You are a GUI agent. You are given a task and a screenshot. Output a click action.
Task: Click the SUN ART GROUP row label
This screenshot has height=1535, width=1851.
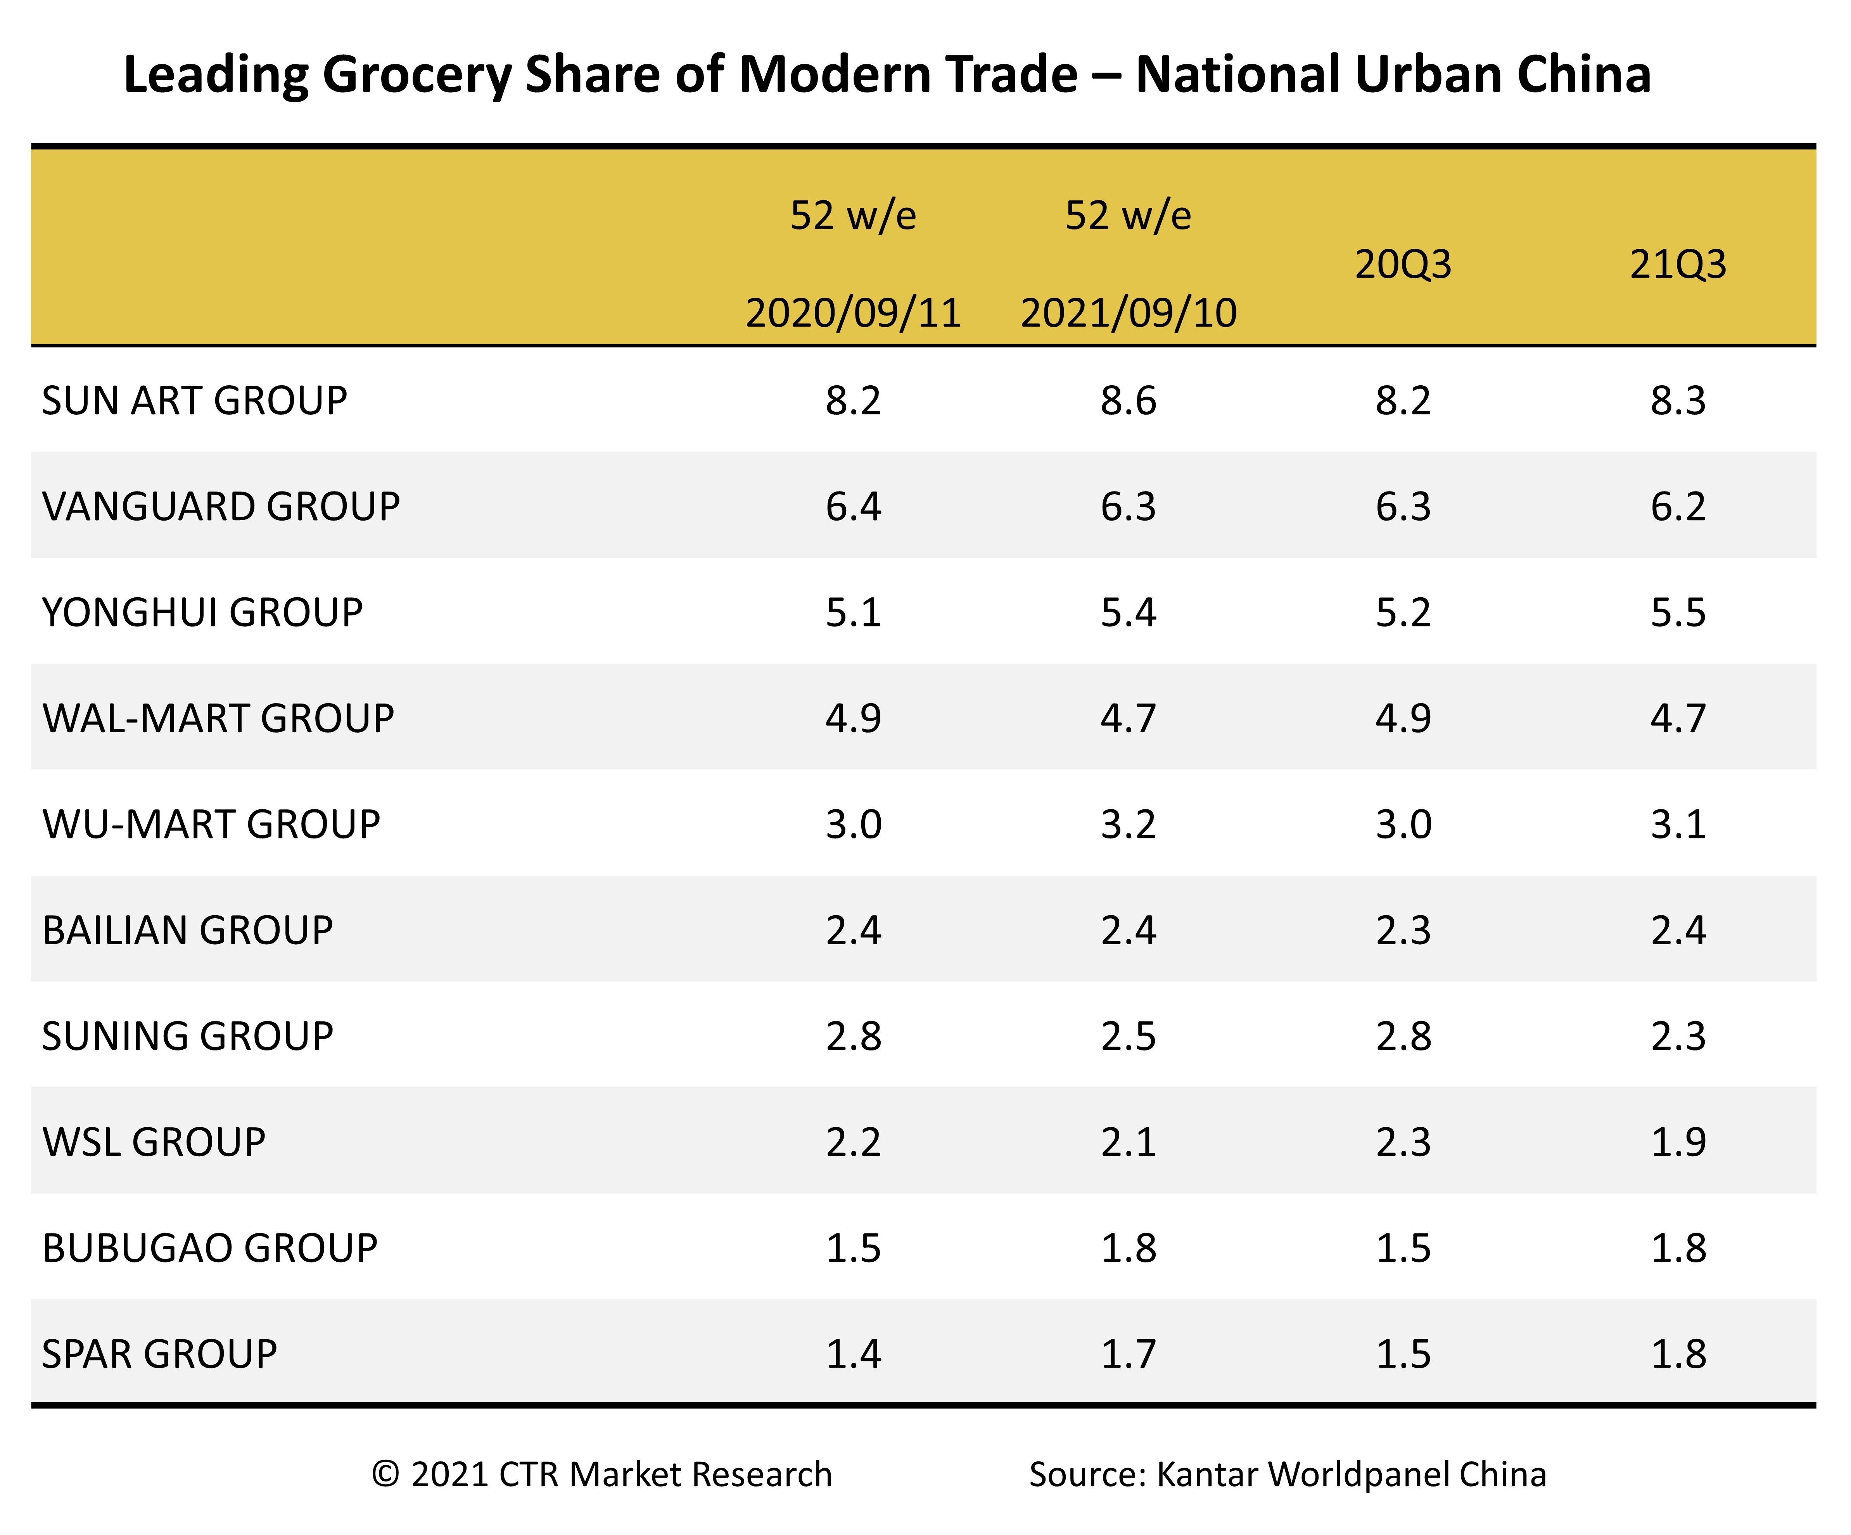pos(194,401)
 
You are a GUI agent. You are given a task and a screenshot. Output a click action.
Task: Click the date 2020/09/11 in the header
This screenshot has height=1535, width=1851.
pos(853,313)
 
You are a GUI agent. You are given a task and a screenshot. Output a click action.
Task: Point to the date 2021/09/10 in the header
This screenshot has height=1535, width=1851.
pos(1128,313)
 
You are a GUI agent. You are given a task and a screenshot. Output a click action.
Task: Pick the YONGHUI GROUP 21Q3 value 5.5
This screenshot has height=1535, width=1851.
pos(1678,612)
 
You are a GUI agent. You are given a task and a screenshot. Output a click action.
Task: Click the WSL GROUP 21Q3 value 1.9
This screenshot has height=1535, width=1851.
pos(1678,1142)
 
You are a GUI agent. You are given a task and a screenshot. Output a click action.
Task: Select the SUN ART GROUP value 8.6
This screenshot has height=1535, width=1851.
pos(1128,401)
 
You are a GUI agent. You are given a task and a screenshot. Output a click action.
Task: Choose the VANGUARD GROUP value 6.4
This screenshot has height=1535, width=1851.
pos(853,507)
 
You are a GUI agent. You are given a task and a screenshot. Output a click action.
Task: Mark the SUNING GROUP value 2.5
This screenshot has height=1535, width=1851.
pos(1128,1036)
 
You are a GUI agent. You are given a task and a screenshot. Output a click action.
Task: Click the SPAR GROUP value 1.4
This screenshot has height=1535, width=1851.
pos(853,1354)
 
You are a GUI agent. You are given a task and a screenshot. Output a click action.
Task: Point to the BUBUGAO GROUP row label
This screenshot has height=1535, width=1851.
pos(210,1248)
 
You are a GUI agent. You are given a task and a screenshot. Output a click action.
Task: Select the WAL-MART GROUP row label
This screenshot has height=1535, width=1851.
pos(218,718)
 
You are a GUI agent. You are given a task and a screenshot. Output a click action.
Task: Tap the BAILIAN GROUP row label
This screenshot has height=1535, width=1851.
pos(187,931)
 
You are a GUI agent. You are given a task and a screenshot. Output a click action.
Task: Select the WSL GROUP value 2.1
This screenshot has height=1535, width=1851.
pos(1128,1142)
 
